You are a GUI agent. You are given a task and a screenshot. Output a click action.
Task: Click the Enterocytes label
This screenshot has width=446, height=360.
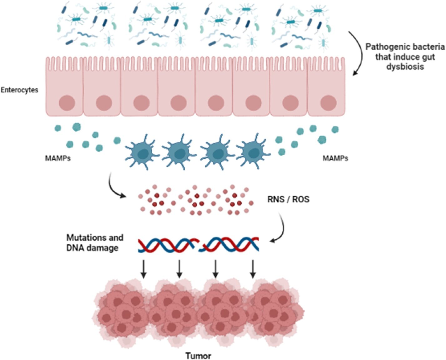[19, 90]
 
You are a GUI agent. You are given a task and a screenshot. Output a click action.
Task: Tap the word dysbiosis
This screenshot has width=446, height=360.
[405, 67]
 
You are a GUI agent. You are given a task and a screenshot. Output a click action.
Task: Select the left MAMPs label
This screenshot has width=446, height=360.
[58, 158]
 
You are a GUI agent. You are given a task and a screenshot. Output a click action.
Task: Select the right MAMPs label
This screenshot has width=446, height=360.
[335, 158]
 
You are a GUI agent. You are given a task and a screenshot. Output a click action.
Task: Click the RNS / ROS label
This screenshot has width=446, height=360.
[288, 199]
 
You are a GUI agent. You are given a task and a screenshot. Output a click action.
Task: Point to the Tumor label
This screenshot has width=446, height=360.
[198, 356]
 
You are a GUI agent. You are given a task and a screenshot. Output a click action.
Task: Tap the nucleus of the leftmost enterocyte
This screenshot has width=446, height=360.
[67, 103]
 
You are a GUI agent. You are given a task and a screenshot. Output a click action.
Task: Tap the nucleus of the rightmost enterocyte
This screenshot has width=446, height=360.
[328, 103]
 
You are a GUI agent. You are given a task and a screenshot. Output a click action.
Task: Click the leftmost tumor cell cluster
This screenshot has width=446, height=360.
[122, 312]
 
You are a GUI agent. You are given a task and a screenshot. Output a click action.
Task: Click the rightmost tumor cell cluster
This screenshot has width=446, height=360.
[275, 312]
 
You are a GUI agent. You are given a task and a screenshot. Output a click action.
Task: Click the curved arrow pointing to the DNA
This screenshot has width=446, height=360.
[281, 228]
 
